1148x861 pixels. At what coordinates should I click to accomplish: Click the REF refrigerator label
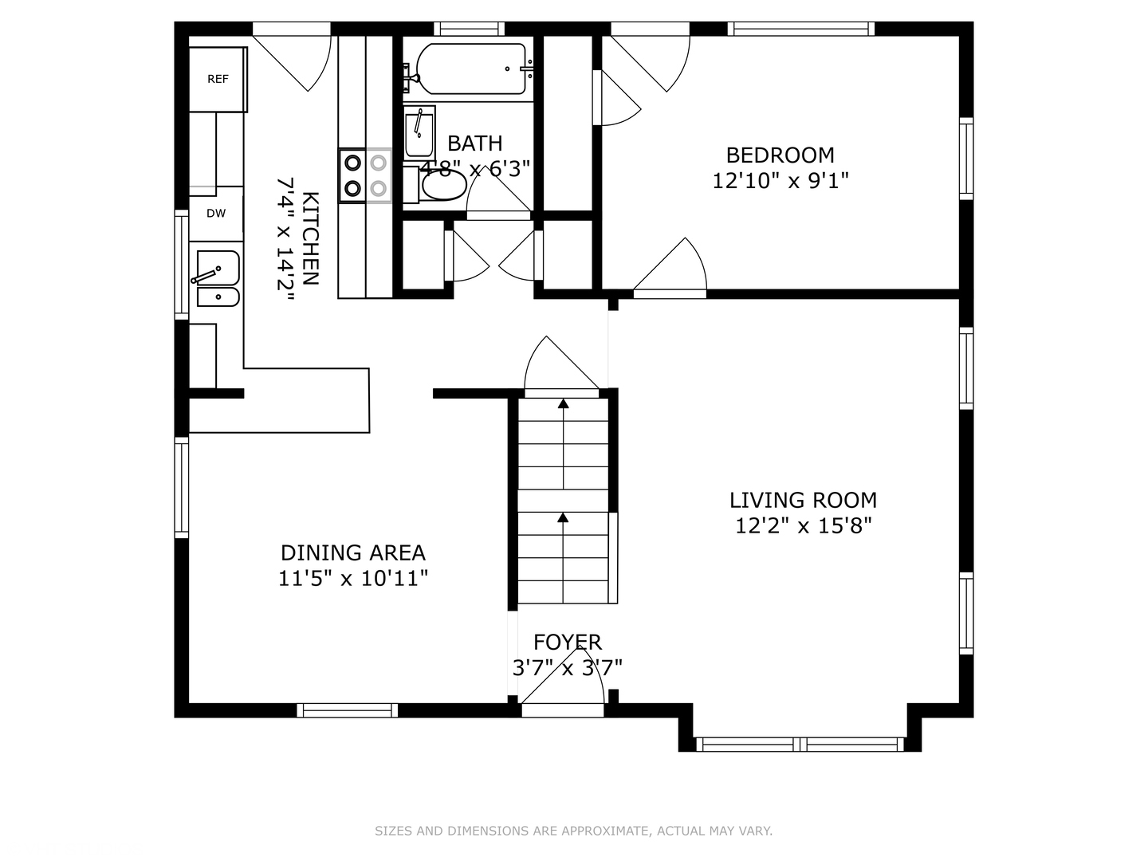(218, 79)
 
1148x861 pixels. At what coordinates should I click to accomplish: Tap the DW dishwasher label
(216, 214)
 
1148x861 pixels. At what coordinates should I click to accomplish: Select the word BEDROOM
(780, 155)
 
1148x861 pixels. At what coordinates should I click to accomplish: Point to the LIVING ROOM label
(803, 501)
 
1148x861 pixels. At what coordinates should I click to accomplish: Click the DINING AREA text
(353, 552)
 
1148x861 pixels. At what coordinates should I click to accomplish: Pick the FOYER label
(568, 642)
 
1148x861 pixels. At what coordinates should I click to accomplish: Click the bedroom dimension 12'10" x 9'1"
(780, 181)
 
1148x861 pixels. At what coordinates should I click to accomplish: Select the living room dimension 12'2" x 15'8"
(804, 525)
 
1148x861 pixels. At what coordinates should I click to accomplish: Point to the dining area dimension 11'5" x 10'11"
(353, 578)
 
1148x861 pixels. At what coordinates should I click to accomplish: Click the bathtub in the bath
(470, 69)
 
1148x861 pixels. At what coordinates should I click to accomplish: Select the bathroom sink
(419, 132)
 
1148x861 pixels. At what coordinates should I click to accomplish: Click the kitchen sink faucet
(206, 274)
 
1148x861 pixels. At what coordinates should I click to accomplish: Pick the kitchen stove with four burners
(364, 175)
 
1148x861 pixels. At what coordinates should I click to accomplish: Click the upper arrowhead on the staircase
(563, 403)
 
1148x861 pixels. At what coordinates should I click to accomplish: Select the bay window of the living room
(800, 744)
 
